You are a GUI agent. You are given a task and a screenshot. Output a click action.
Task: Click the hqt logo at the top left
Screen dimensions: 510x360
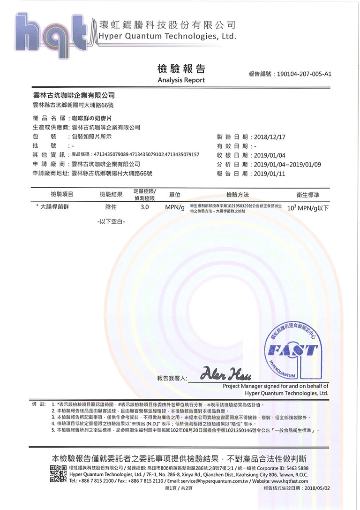point(54,34)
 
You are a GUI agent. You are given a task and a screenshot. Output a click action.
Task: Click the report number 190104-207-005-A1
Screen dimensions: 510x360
point(304,74)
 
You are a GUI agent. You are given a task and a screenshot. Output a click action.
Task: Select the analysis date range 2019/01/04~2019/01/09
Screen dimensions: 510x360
point(287,164)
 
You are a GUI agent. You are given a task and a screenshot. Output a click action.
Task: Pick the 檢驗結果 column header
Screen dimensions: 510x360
point(111,194)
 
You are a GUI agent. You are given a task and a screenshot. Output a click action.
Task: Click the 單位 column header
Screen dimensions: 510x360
point(174,194)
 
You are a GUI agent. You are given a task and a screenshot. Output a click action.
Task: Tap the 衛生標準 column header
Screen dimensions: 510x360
point(308,194)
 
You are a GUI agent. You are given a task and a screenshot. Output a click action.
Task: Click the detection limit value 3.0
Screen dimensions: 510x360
point(144,207)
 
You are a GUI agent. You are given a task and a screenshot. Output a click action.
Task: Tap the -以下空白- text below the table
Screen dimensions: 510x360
point(111,221)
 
